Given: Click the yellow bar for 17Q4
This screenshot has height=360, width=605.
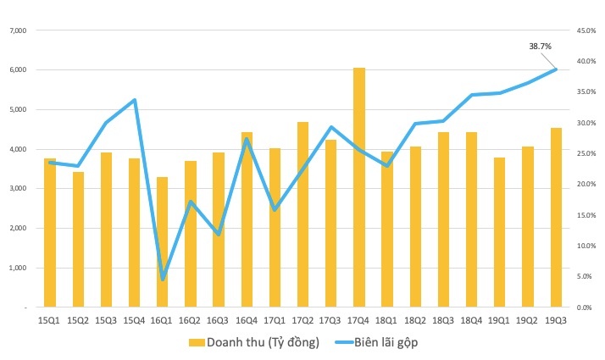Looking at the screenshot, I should [359, 186].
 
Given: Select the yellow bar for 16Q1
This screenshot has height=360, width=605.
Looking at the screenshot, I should [163, 241].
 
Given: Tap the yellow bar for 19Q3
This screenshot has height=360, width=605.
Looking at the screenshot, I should [556, 217].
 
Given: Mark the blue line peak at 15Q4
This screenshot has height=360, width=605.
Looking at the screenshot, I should [135, 100].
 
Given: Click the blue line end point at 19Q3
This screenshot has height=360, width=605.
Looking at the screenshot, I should [556, 69].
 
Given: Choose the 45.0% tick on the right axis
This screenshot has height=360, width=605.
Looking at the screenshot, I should [586, 30].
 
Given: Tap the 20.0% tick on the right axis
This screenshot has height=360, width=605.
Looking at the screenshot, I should [586, 185].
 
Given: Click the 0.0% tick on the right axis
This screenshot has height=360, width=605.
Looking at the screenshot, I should [587, 307].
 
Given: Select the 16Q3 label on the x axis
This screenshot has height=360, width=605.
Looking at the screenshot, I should [219, 320].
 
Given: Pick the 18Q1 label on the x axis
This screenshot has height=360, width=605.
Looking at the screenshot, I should [387, 320].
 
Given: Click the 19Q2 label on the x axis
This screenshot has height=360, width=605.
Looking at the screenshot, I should [528, 320].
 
